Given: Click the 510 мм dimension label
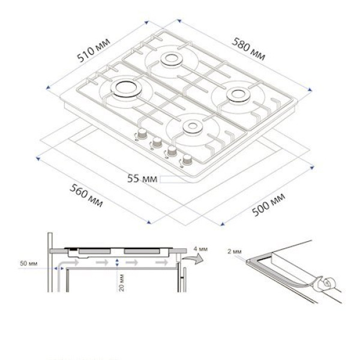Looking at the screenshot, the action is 94,50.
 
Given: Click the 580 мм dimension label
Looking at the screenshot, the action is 248,49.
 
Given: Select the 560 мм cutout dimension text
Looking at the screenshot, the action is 86,196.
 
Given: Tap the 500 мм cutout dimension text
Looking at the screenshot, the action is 268,205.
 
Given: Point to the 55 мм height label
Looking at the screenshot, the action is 142,178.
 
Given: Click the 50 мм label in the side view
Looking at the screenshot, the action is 28,263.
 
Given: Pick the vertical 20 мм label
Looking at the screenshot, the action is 121,283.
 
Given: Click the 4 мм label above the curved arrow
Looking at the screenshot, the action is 200,248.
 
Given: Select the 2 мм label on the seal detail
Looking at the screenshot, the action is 235,251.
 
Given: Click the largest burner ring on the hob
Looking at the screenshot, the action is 127,89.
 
